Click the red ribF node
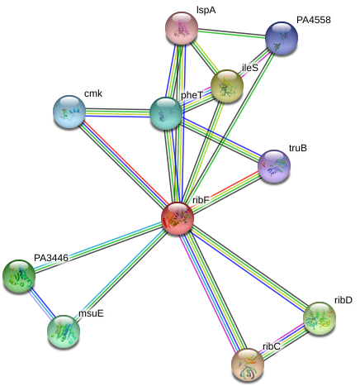[178, 218]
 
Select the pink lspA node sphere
[182, 28]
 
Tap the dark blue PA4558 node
[282, 38]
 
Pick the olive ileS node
[227, 86]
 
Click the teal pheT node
[166, 113]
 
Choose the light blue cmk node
[69, 112]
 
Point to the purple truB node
[274, 166]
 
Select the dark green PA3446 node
[19, 276]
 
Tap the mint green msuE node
[64, 331]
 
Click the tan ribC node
[248, 365]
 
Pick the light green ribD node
[320, 318]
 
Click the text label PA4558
[314, 20]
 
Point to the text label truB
[298, 148]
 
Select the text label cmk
[93, 93]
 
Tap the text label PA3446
[51, 258]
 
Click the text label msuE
[91, 313]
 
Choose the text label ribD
[343, 300]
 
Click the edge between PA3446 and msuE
[41, 303]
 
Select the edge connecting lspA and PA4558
[232, 33]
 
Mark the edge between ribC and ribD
[284, 341]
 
